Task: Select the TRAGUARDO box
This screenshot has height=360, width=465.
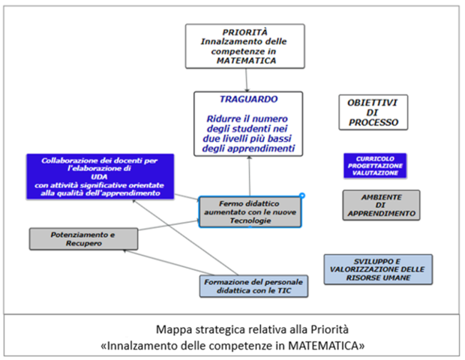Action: [x=248, y=124]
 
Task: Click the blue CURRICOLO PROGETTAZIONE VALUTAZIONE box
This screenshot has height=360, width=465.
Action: [x=376, y=166]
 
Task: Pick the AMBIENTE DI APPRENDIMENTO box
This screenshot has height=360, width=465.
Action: [x=380, y=205]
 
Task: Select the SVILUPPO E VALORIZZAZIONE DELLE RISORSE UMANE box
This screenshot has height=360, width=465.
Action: [x=378, y=269]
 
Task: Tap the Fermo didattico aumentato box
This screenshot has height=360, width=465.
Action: [x=250, y=212]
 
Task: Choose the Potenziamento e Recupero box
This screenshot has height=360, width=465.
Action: [x=83, y=238]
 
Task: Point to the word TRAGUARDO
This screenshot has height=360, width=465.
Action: [x=248, y=99]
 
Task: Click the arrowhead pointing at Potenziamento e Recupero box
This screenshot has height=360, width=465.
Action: [x=125, y=251]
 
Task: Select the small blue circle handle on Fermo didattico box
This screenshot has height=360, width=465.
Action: [x=301, y=196]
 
